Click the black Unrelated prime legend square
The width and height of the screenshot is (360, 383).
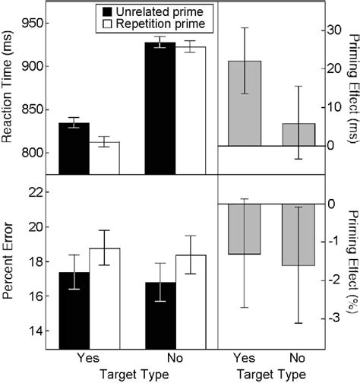tap(106, 13)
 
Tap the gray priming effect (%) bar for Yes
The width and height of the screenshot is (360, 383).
tap(245, 229)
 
